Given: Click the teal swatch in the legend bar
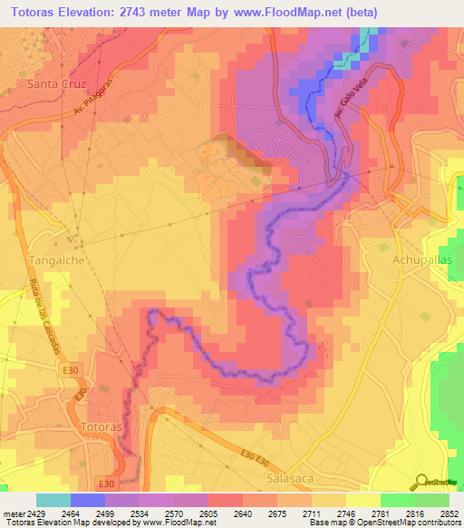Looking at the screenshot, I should (53, 500).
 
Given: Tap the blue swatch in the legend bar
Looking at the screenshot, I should (88, 500).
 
